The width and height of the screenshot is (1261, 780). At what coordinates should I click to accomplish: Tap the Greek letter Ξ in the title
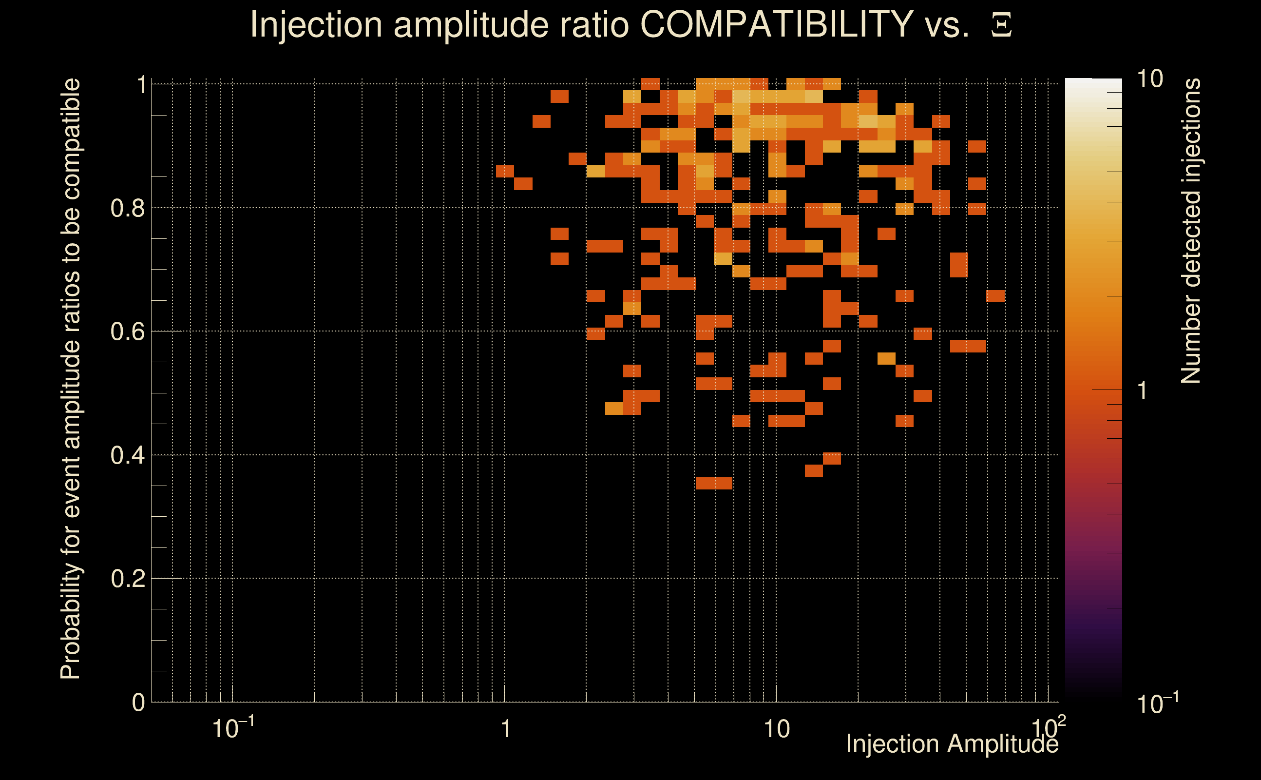pyautogui.click(x=1001, y=25)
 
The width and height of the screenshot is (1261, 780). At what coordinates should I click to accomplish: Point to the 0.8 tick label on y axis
pyautogui.click(x=127, y=209)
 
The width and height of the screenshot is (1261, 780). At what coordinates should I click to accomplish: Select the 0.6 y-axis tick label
pyautogui.click(x=127, y=331)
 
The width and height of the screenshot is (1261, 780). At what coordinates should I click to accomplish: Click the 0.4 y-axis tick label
pyautogui.click(x=127, y=455)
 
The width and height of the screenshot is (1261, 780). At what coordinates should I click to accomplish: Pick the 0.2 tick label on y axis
pyautogui.click(x=127, y=579)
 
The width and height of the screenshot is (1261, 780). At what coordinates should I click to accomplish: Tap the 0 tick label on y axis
pyautogui.click(x=138, y=702)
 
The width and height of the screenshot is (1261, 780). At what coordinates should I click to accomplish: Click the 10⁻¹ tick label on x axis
pyautogui.click(x=232, y=728)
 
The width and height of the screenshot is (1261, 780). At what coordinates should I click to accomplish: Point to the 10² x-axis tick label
pyautogui.click(x=1048, y=728)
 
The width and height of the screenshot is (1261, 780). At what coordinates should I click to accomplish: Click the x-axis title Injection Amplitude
pyautogui.click(x=952, y=744)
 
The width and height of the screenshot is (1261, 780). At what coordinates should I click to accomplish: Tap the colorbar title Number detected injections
pyautogui.click(x=1190, y=231)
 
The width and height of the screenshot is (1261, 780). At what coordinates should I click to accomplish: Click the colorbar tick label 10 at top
pyautogui.click(x=1149, y=79)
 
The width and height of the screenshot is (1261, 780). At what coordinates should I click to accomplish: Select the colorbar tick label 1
pyautogui.click(x=1143, y=390)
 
